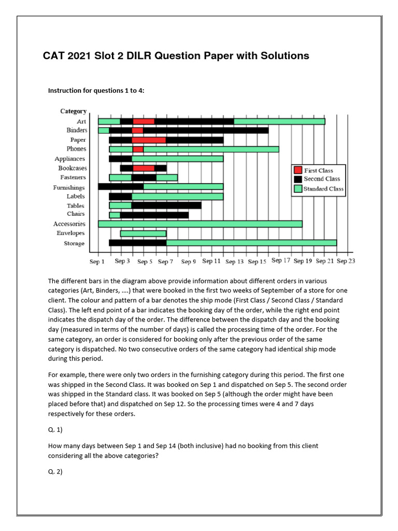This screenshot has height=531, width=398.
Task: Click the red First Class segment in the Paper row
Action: pyautogui.click(x=149, y=140)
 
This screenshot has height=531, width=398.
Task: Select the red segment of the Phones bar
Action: pyautogui.click(x=138, y=149)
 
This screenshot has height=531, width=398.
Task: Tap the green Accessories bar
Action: pyautogui.click(x=200, y=224)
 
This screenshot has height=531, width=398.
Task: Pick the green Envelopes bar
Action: pyautogui.click(x=143, y=233)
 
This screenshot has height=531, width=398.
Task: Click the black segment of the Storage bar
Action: pyautogui.click(x=137, y=243)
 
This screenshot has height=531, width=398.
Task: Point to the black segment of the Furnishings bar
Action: pyautogui.click(x=121, y=187)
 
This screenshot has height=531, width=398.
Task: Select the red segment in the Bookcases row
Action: pyautogui.click(x=144, y=168)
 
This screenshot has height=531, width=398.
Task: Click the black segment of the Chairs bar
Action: pyautogui.click(x=154, y=215)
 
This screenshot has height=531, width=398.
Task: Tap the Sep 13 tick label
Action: pyautogui.click(x=234, y=262)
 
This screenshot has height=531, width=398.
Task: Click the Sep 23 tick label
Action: pyautogui.click(x=346, y=261)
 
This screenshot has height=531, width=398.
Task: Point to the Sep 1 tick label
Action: pyautogui.click(x=97, y=262)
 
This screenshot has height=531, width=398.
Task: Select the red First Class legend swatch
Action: pyautogui.click(x=297, y=170)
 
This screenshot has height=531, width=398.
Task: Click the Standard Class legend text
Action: pyautogui.click(x=323, y=189)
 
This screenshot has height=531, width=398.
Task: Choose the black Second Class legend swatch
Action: pyautogui.click(x=297, y=179)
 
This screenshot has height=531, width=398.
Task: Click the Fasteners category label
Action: pyautogui.click(x=73, y=177)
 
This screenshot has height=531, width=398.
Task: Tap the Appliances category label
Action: pyautogui.click(x=70, y=159)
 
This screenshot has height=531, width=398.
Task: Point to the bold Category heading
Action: pyautogui.click(x=74, y=111)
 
